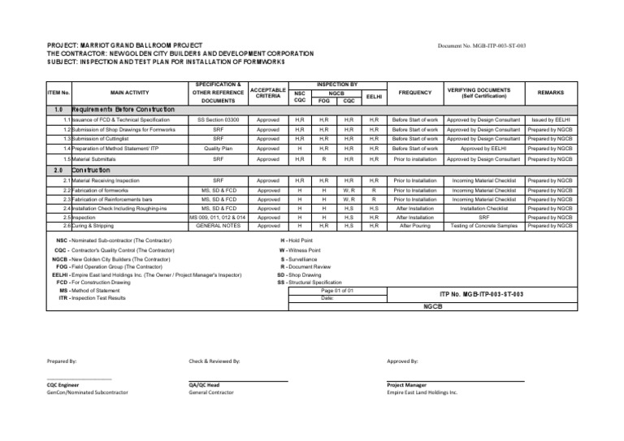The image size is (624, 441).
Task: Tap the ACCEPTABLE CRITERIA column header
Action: (x=267, y=93)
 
